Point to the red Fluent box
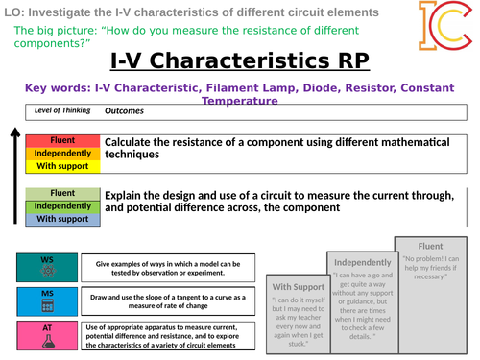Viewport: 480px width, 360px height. click(x=62, y=141)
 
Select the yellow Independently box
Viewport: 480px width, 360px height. click(x=62, y=153)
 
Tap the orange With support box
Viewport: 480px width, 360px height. click(x=62, y=165)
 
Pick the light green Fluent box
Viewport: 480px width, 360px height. click(x=62, y=193)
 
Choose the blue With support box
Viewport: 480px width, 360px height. click(x=62, y=218)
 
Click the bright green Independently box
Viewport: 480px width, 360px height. click(x=62, y=205)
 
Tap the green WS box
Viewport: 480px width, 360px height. click(x=46, y=266)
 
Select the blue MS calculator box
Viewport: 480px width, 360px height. click(x=46, y=300)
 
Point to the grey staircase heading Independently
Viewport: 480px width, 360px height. click(x=360, y=262)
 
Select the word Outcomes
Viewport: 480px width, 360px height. click(x=124, y=111)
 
